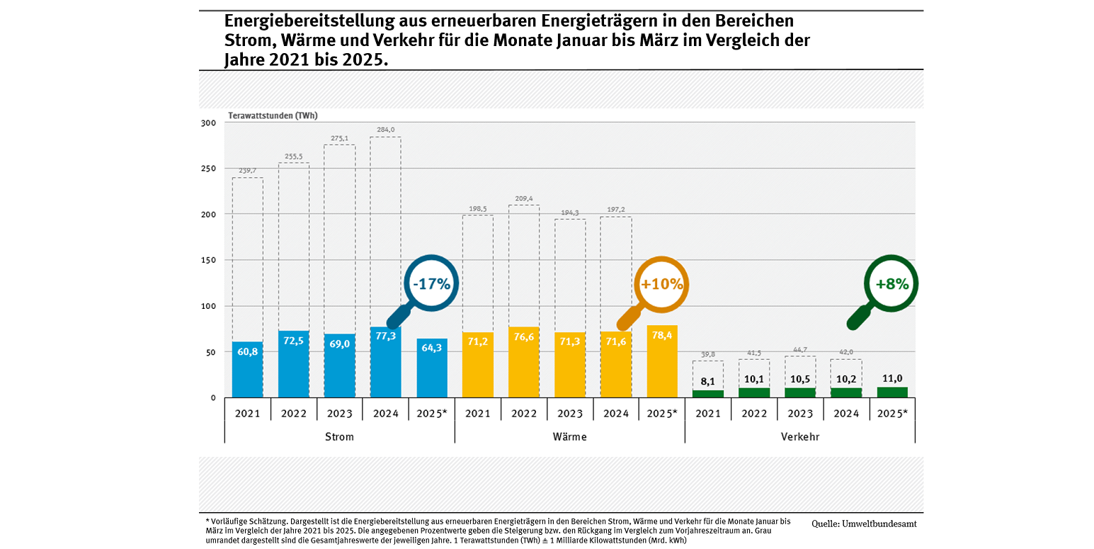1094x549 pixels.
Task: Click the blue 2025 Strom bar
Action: tap(432, 368)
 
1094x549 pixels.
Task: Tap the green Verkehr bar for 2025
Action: tap(892, 392)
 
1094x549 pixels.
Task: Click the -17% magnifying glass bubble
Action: tap(431, 284)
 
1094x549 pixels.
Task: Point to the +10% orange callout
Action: tap(661, 284)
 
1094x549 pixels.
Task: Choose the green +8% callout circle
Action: tap(891, 283)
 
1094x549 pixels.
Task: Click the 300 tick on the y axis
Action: tap(207, 123)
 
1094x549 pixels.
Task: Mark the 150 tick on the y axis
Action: tap(207, 260)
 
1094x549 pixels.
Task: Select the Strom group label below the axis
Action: tap(339, 436)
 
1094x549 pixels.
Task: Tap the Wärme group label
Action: tap(569, 436)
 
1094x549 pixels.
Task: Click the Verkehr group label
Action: tap(799, 436)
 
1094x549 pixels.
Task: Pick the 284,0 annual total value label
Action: tap(386, 129)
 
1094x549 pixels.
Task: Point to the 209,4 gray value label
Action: tap(524, 198)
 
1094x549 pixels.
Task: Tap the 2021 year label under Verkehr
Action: tap(708, 413)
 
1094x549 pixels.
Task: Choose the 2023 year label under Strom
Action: tap(340, 413)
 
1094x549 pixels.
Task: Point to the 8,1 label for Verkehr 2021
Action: tap(708, 381)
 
